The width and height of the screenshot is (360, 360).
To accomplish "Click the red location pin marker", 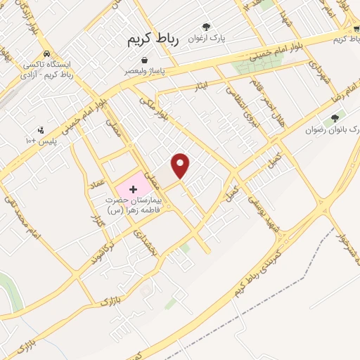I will pyautogui.click(x=181, y=165).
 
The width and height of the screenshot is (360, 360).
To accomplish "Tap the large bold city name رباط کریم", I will pyautogui.click(x=153, y=41).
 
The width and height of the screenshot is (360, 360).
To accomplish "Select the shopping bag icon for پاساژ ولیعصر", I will pyautogui.click(x=144, y=60).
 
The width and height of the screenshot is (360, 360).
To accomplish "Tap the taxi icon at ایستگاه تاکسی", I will pyautogui.click(x=46, y=53).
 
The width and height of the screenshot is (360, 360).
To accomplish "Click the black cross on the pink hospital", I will pyautogui.click(x=132, y=189).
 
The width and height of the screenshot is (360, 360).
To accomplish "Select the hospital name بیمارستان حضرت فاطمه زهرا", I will pyautogui.click(x=134, y=205).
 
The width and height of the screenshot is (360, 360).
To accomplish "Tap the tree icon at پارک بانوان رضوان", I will pyautogui.click(x=334, y=118).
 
